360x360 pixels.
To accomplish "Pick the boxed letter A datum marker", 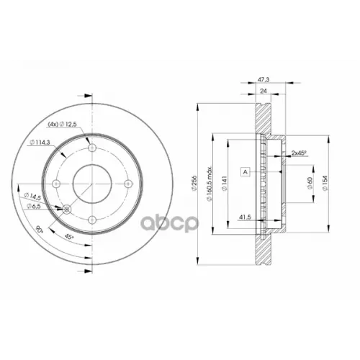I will (x=246, y=172).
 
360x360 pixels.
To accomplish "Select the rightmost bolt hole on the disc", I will (x=127, y=184).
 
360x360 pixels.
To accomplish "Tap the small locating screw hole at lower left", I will (x=67, y=210).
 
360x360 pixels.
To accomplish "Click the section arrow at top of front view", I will (x=88, y=94).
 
